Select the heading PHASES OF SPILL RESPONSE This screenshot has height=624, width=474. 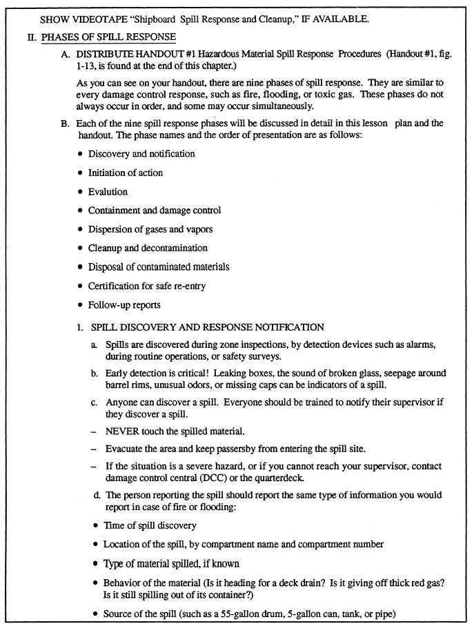(110, 36)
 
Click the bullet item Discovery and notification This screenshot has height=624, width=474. (141, 154)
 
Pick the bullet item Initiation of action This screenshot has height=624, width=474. (125, 173)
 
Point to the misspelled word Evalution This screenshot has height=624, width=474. (108, 192)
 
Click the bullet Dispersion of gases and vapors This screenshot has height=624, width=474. (150, 229)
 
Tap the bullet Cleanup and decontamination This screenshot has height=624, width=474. (147, 248)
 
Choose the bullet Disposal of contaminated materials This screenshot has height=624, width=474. (158, 266)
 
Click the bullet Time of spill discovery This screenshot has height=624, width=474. (149, 526)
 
